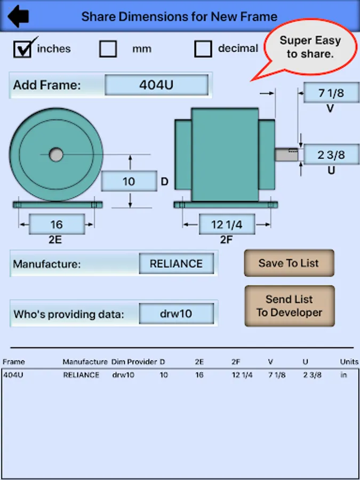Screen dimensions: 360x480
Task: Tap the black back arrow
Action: click(x=18, y=16)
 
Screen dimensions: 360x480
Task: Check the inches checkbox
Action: click(x=22, y=49)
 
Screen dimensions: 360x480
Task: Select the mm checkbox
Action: click(x=108, y=49)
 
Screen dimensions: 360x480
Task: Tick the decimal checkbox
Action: click(x=203, y=49)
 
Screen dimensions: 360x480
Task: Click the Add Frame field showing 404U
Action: click(x=156, y=85)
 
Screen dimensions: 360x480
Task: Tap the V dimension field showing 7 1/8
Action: click(x=332, y=92)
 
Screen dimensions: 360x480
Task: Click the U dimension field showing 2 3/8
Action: click(x=332, y=155)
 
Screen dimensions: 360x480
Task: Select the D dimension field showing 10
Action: click(x=129, y=181)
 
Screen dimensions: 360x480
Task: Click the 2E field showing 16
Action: click(x=57, y=225)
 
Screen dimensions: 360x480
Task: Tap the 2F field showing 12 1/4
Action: click(x=227, y=225)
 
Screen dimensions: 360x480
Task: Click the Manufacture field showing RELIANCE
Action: click(x=177, y=263)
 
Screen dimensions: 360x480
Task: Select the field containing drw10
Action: click(x=177, y=314)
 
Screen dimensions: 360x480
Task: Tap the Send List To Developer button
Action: click(x=289, y=306)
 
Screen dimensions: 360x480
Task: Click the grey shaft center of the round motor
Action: click(x=55, y=155)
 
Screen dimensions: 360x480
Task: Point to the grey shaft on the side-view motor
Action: click(x=286, y=155)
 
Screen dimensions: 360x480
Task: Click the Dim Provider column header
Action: click(x=134, y=362)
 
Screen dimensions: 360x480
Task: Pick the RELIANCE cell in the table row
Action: click(x=81, y=375)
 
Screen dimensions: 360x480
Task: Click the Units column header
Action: click(x=349, y=362)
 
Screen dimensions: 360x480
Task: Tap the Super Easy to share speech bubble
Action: click(x=310, y=47)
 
